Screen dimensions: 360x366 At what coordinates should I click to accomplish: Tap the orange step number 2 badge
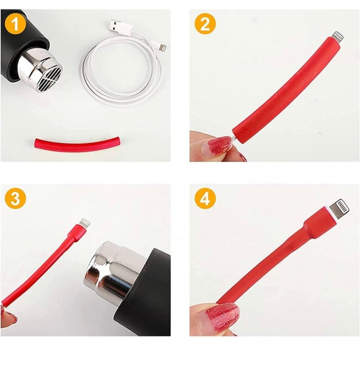[205, 24]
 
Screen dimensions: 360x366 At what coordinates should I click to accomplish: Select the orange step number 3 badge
[15, 199]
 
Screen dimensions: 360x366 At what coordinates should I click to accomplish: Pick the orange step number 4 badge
[205, 199]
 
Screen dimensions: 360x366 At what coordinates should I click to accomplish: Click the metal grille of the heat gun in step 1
[50, 74]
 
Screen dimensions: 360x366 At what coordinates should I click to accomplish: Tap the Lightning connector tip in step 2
[338, 37]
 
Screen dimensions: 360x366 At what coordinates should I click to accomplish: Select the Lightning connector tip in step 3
[85, 223]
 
